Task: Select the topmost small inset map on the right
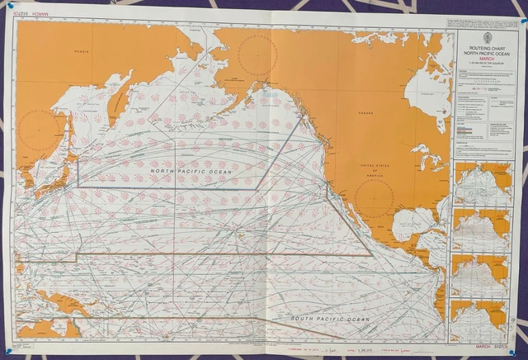pyautogui.click(x=483, y=183)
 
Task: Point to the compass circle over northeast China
pyautogui.click(x=39, y=132)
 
